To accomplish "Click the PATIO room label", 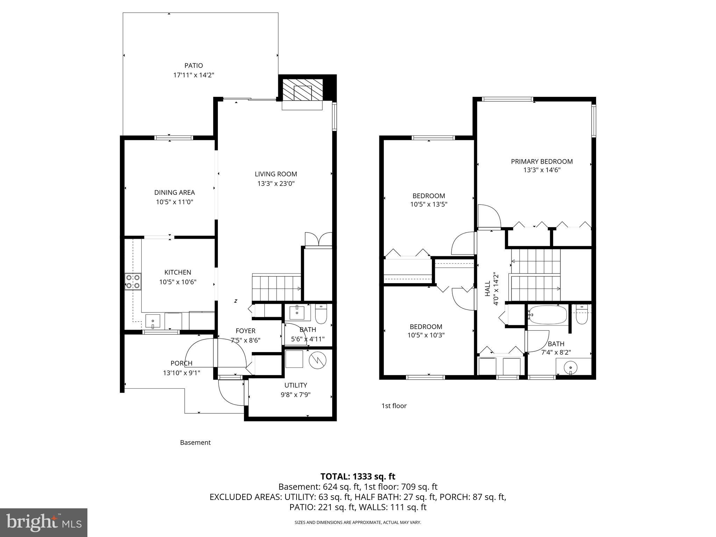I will pos(193,65).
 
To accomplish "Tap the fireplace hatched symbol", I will pos(302,90).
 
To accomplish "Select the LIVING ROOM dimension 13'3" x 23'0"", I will pos(276,184).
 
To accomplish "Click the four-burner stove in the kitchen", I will pos(133,282).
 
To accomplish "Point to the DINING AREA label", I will pos(174,192).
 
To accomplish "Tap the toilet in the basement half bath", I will pos(321,314).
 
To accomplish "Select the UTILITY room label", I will pos(295,385).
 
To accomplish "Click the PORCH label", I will pos(181,363).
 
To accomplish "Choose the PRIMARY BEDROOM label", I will pos(542,162).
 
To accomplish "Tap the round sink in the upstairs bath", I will pos(571,368).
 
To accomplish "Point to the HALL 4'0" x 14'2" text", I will pos(492,289).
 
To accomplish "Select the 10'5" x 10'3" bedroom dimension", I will pos(426,335).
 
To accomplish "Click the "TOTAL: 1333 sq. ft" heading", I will pos(358,477).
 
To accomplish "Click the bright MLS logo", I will pos(44,522).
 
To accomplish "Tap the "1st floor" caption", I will pos(394,406).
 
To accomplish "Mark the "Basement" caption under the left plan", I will pos(195,443).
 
